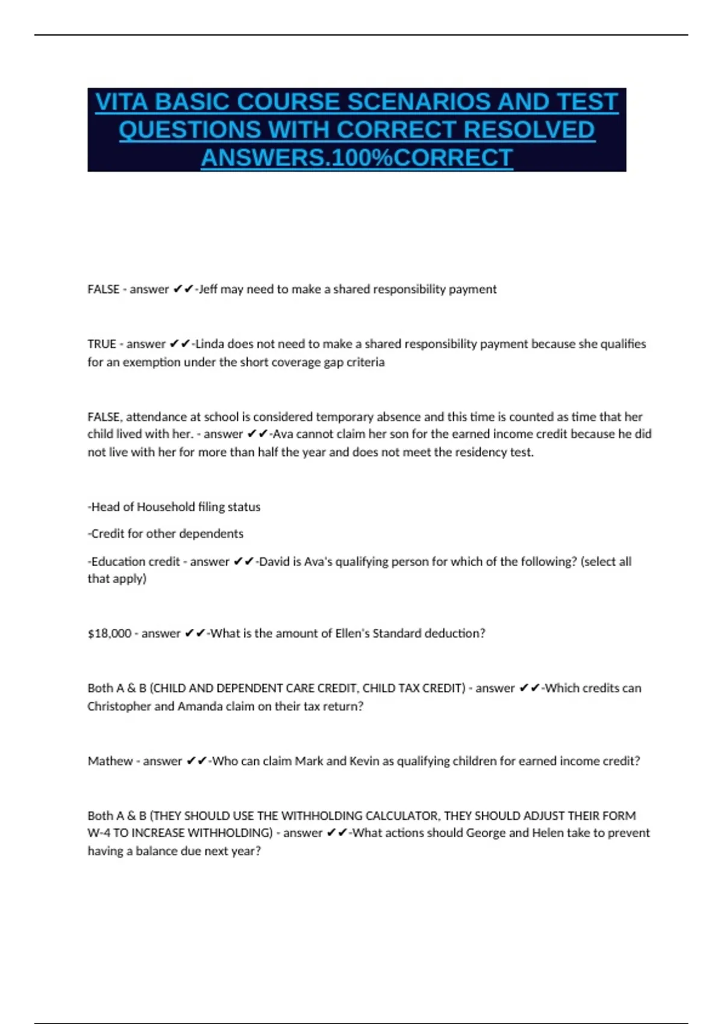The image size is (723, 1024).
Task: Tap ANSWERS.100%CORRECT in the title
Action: point(357,158)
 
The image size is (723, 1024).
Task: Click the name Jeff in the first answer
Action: point(208,289)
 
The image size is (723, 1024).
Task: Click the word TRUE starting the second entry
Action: point(102,344)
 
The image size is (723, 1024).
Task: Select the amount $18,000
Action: point(109,633)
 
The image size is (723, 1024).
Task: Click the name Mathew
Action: point(110,761)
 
